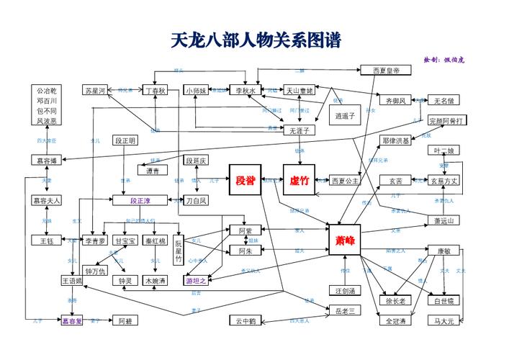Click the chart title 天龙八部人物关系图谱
tap(256, 40)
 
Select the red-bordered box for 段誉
tap(246, 180)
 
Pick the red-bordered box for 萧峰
tap(345, 240)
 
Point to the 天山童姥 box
tap(299, 91)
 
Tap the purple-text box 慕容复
tap(72, 320)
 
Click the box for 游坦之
tap(197, 280)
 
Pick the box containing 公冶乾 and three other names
tap(47, 106)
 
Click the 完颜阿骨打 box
tap(446, 120)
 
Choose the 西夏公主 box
tap(345, 181)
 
